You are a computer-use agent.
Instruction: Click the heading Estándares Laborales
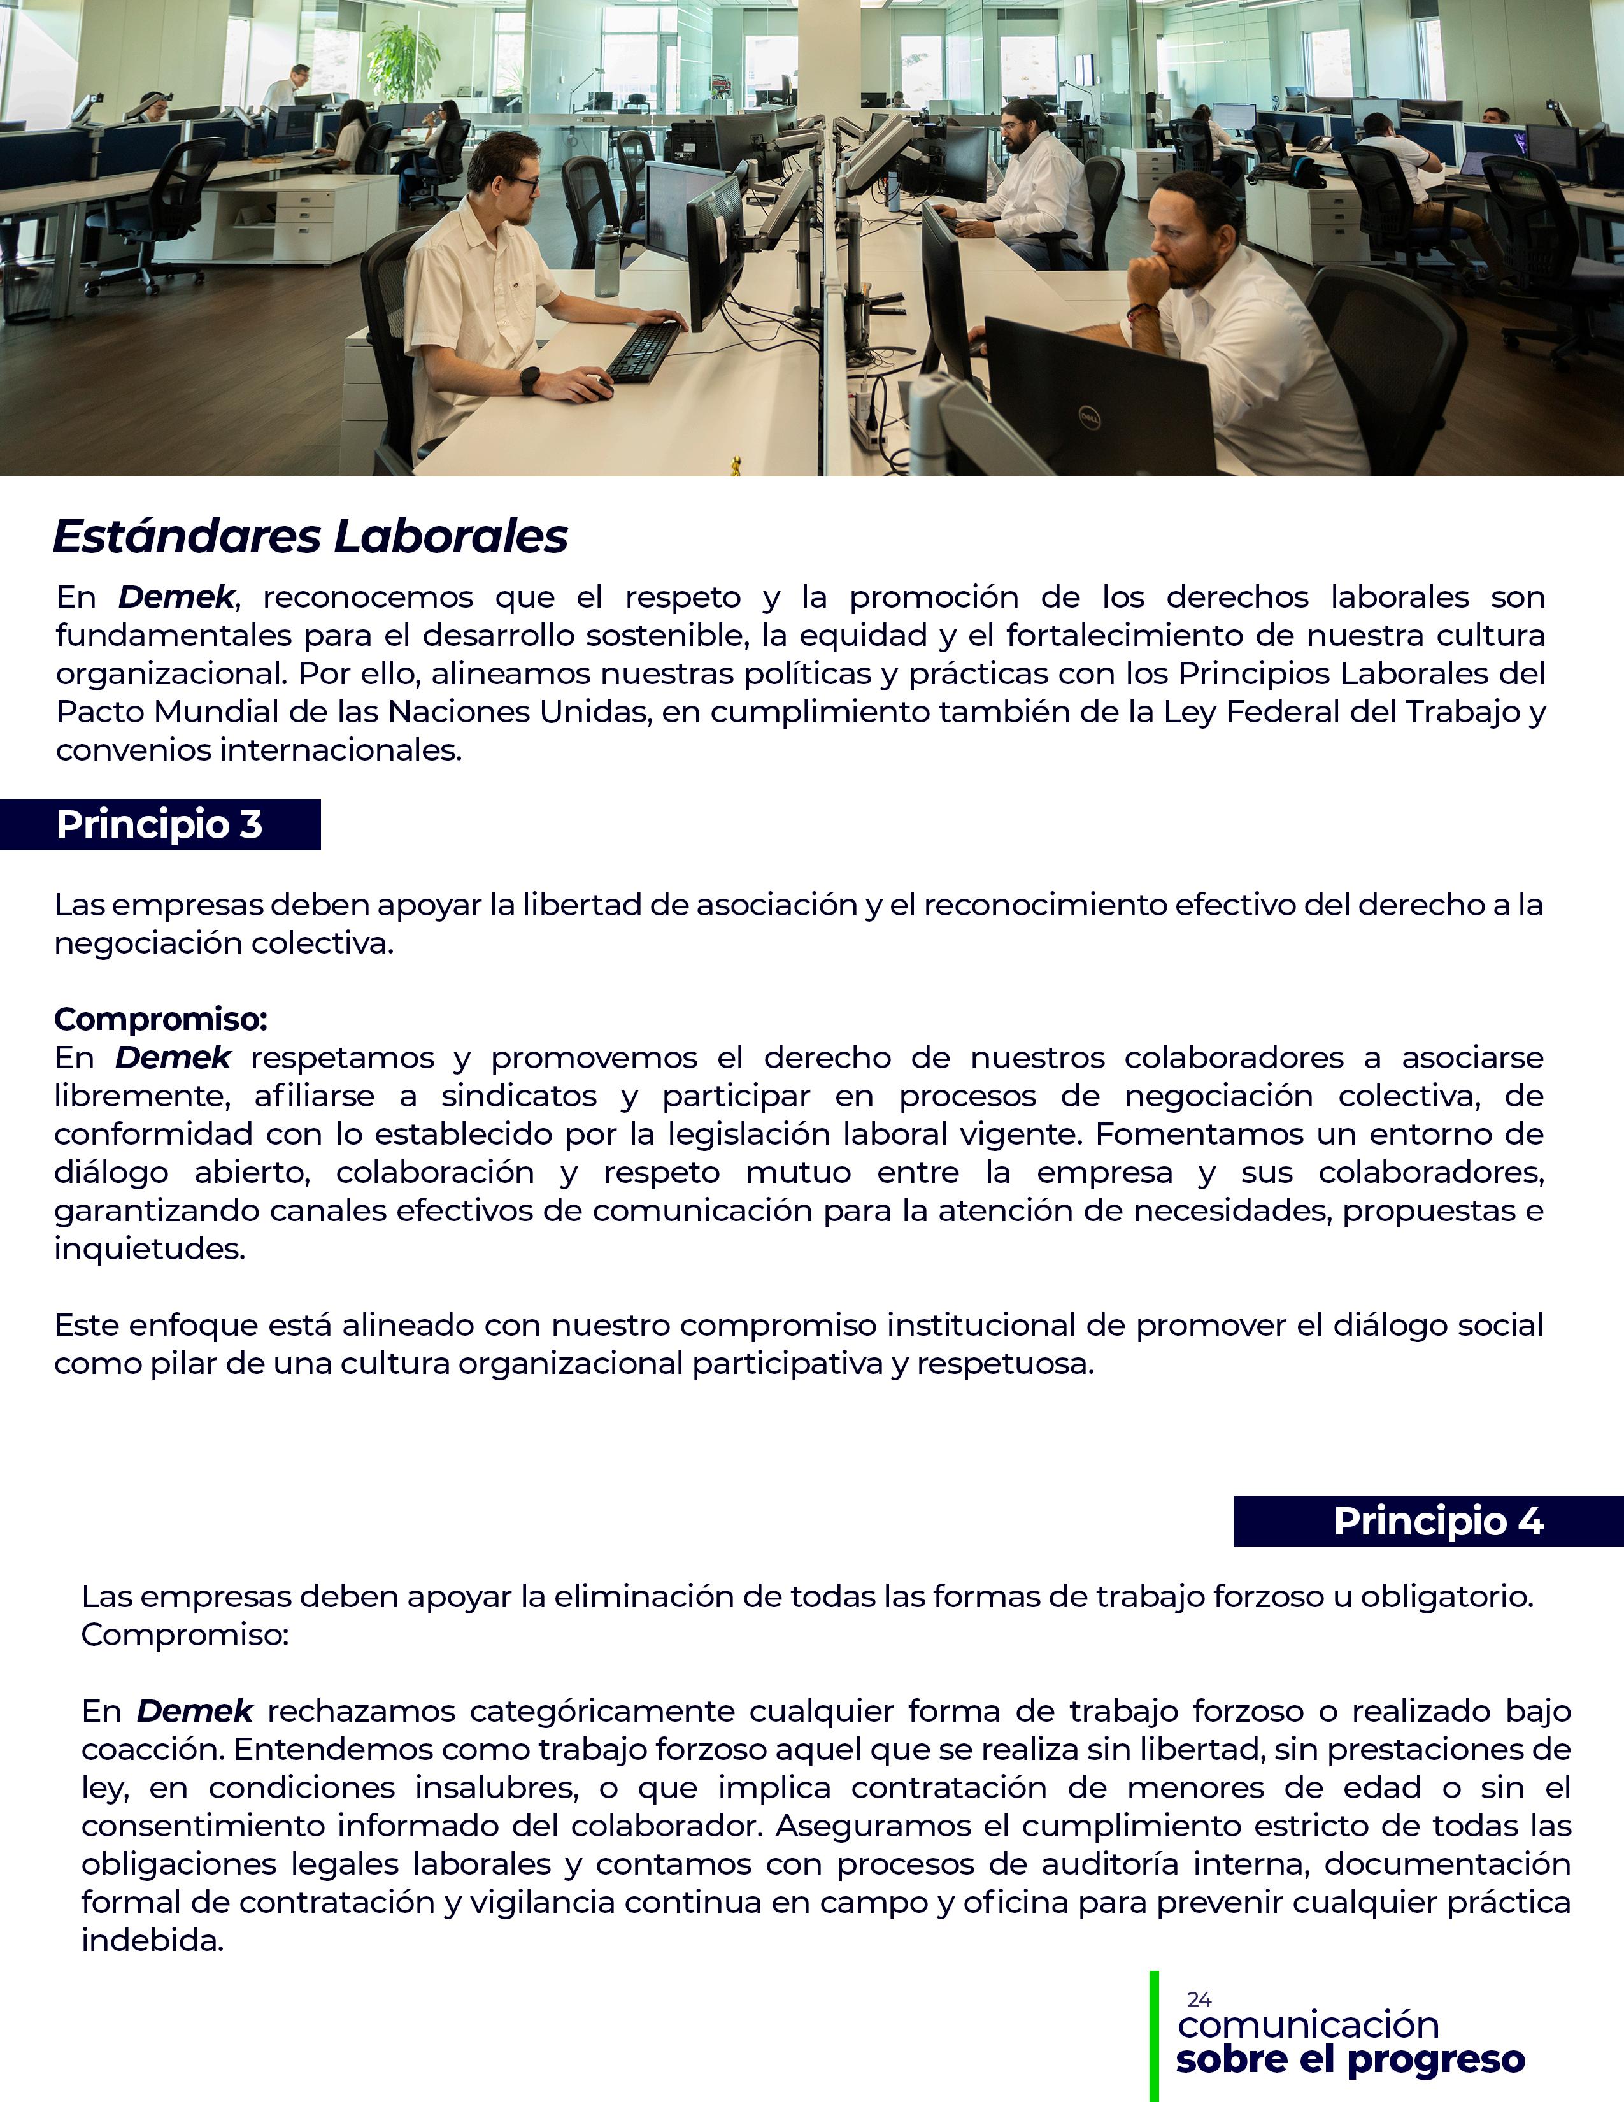pos(310,536)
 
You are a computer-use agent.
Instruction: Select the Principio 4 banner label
pos(1437,1520)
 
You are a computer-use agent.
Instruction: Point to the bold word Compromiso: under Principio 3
pos(160,1019)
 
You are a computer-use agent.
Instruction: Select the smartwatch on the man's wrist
pos(529,381)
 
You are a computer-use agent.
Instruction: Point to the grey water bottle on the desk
pos(606,262)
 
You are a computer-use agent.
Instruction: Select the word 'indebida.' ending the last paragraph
pos(152,1940)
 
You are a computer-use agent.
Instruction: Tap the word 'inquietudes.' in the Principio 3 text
pos(149,1248)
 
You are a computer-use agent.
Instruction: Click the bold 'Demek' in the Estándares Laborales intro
pos(176,597)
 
